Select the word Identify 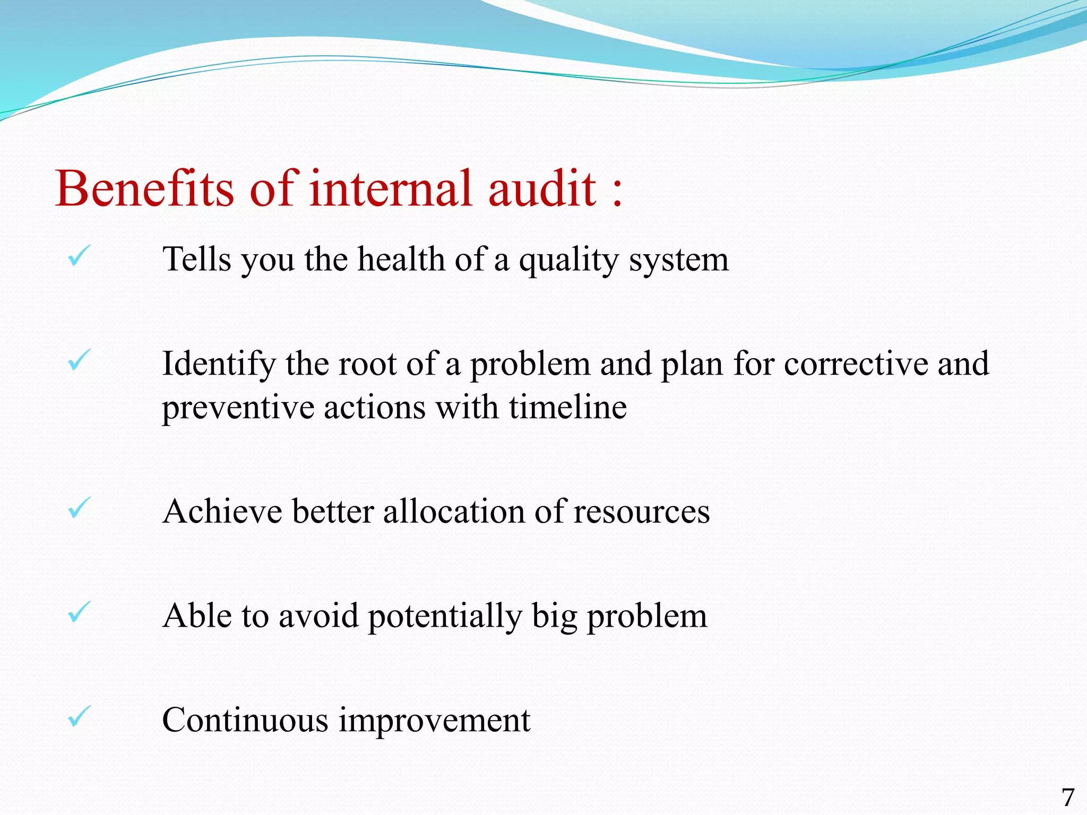[219, 365]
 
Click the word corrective [856, 365]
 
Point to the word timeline [568, 407]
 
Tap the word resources [642, 513]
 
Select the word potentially [445, 617]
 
